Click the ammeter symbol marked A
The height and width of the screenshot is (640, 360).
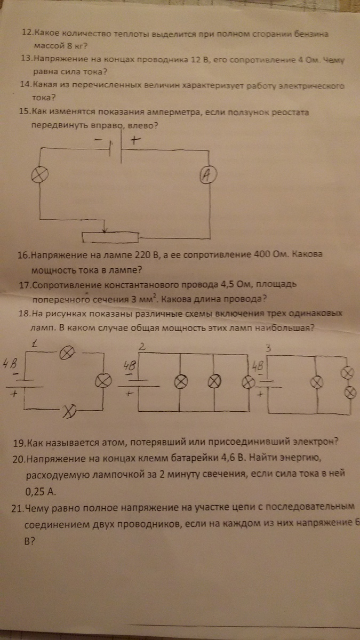click(x=208, y=175)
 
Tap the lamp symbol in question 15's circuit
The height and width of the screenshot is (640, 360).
click(x=39, y=174)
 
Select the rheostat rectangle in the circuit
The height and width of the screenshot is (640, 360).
click(x=110, y=237)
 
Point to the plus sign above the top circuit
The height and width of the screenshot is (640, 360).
click(x=135, y=140)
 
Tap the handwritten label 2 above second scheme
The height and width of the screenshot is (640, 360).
click(x=142, y=347)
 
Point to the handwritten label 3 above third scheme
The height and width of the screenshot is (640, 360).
click(x=268, y=348)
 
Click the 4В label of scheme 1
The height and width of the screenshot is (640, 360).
click(x=10, y=364)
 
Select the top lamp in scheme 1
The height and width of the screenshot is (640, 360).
click(x=67, y=353)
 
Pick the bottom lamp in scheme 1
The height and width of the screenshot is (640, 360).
click(x=70, y=411)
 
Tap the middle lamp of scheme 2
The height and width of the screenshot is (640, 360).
click(x=214, y=381)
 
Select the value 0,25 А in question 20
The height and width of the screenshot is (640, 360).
click(x=40, y=491)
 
